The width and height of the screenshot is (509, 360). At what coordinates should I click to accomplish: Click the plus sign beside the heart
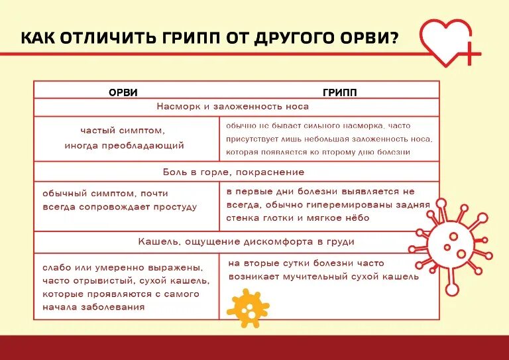click(469, 55)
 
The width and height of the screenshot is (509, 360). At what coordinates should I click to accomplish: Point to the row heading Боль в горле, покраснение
click(233, 172)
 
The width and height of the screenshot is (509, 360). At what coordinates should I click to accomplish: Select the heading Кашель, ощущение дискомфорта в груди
click(237, 241)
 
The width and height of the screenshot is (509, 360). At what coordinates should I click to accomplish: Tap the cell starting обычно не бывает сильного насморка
click(329, 139)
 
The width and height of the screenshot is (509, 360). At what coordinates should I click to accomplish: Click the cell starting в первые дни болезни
click(329, 204)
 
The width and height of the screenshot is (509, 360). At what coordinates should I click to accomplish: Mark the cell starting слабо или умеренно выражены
click(125, 286)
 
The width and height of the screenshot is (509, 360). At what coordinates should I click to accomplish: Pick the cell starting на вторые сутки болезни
click(323, 270)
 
